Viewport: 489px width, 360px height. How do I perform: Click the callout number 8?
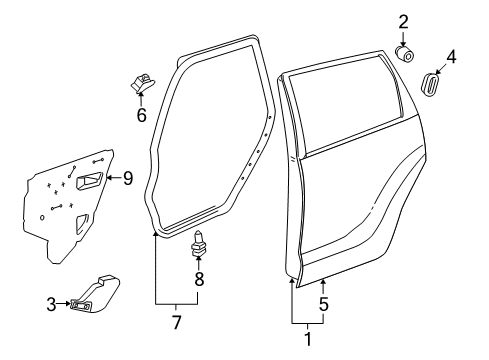coord(198,279)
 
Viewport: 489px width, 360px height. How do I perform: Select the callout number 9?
coord(127,179)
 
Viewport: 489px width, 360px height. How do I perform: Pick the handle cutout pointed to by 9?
coord(88,181)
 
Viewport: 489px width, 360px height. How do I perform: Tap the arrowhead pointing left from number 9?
coord(110,179)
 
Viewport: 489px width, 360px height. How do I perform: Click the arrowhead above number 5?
coord(323,286)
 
